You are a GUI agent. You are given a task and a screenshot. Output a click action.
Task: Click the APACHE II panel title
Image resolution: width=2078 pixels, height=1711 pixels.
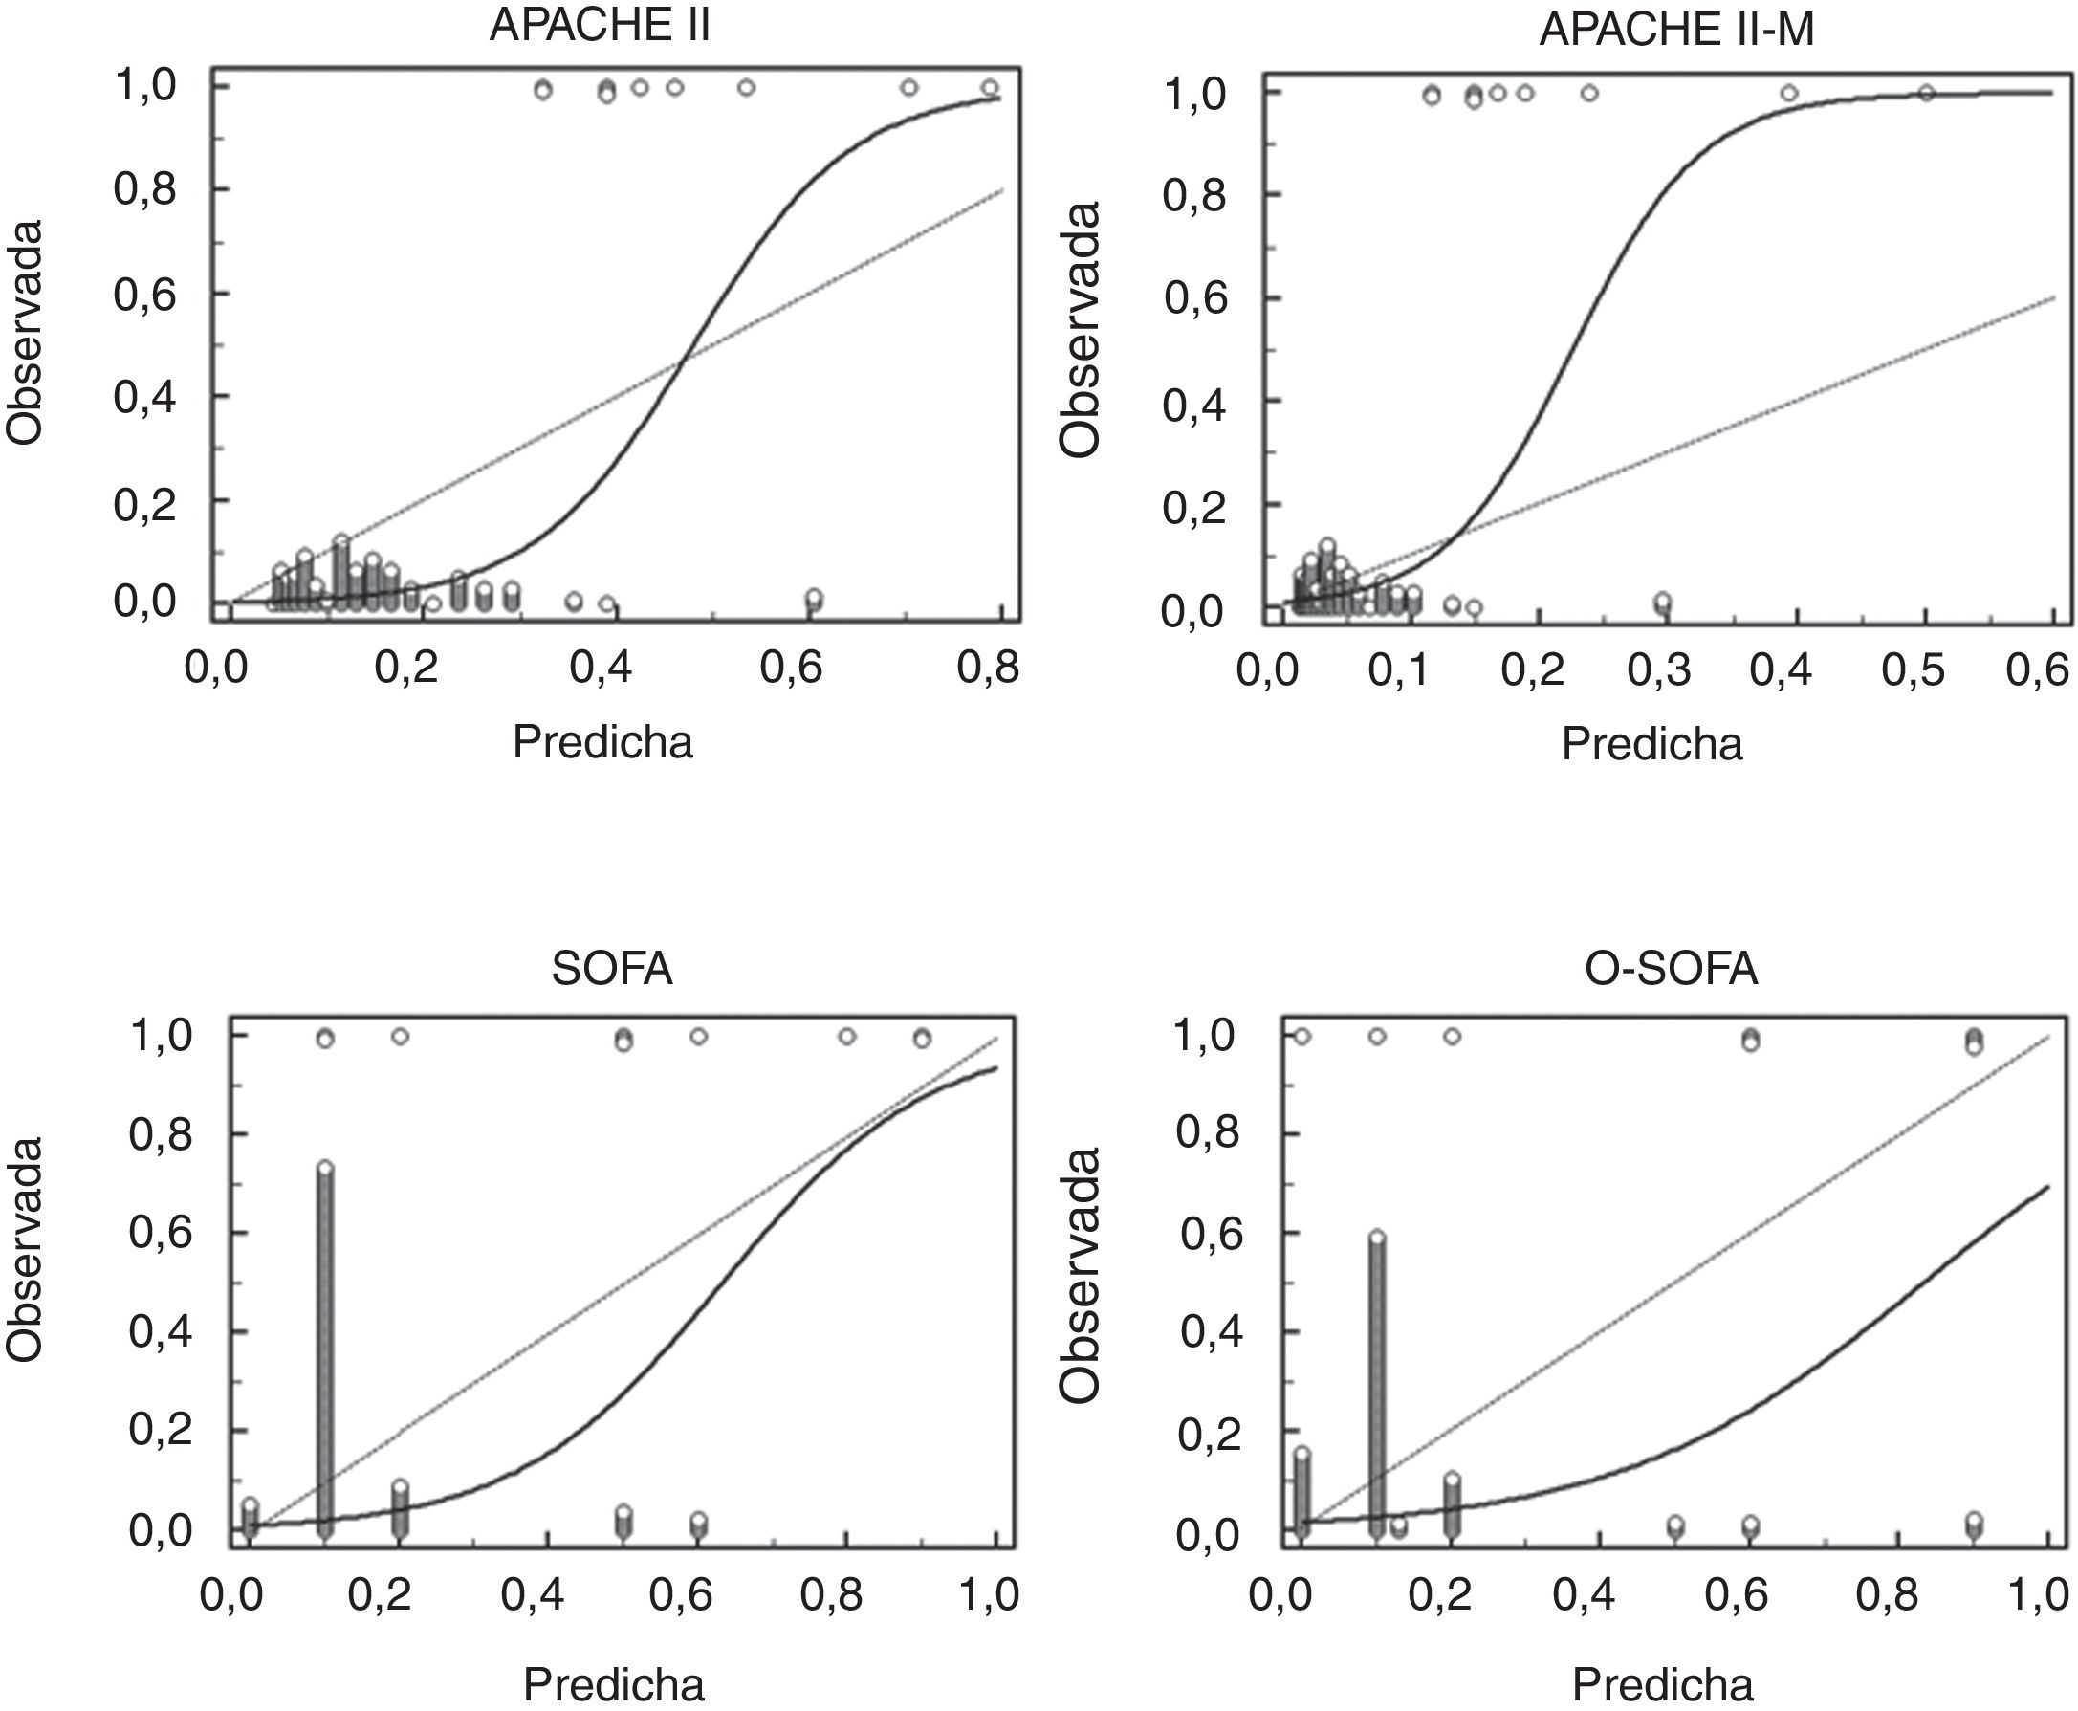(599, 27)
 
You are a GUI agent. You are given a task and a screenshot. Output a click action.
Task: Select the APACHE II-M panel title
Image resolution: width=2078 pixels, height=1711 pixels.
(1676, 31)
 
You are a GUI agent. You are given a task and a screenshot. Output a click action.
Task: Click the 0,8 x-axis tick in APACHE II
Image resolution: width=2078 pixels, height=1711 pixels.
(988, 669)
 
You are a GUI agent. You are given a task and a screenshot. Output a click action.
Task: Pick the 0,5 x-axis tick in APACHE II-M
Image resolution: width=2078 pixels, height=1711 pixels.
(1913, 670)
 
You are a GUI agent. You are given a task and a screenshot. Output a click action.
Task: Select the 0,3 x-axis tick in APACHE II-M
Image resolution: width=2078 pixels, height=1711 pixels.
(1658, 670)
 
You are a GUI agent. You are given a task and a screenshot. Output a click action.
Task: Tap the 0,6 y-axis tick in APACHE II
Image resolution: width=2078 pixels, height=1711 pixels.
(145, 294)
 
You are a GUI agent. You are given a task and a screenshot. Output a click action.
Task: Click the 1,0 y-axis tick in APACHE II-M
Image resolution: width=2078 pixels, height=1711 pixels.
(1195, 96)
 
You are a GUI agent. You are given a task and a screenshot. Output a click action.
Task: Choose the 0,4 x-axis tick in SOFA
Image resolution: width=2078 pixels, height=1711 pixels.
(531, 1594)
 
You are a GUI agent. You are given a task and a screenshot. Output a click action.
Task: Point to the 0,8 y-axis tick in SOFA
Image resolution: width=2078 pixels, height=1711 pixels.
(161, 1134)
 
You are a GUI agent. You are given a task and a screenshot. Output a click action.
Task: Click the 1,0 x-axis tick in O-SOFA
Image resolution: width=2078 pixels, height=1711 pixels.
(2038, 1594)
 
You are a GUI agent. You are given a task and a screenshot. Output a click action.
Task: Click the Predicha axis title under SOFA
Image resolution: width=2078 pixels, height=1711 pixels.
(613, 1684)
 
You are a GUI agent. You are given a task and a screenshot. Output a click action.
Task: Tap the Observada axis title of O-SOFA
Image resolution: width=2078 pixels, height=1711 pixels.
(1080, 1273)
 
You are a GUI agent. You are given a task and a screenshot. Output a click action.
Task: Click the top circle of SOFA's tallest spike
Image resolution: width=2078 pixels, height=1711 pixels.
(325, 1168)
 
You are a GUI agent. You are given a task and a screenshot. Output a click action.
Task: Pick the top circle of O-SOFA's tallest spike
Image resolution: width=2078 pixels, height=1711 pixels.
(1376, 1238)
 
